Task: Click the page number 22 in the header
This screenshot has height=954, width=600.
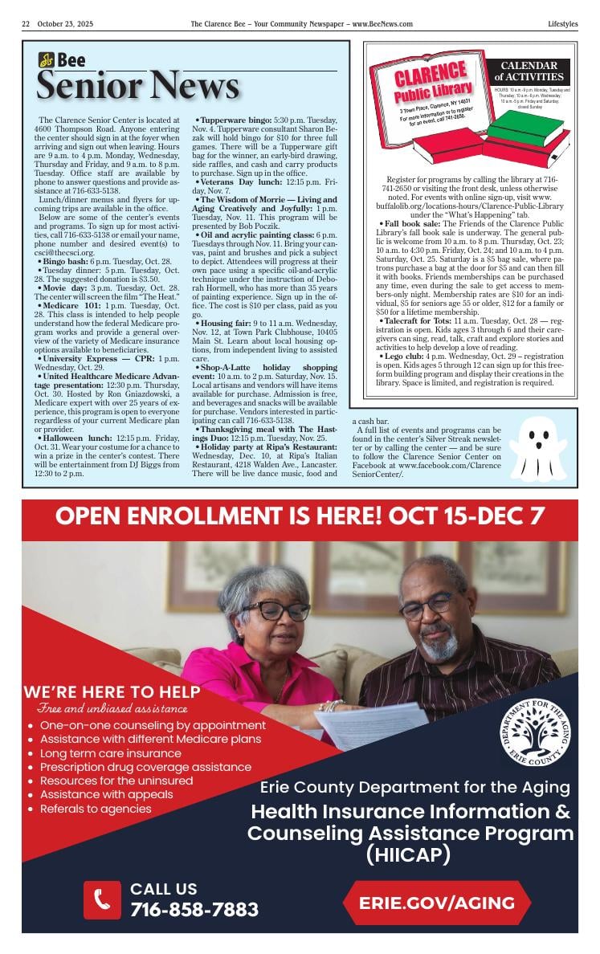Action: coord(26,24)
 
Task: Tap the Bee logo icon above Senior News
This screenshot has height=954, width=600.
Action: coord(47,60)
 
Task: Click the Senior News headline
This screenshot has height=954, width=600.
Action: coord(137,85)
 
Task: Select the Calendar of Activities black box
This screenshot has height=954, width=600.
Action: coord(529,71)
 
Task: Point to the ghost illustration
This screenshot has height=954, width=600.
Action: coord(537,448)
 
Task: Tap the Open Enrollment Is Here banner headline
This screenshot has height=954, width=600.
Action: coord(300,516)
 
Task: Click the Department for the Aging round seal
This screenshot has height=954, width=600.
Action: coord(535,732)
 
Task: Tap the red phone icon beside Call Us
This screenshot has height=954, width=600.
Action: coord(103,899)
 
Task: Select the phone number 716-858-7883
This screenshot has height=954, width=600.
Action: coord(194,909)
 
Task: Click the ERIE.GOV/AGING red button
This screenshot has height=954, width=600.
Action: coord(437,902)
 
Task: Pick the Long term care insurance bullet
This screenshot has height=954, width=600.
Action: coord(111,753)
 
